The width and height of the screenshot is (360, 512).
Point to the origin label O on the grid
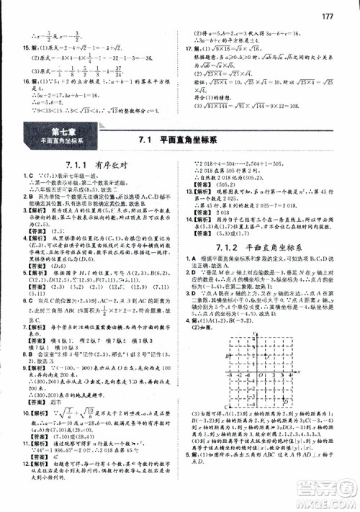(262, 375)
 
